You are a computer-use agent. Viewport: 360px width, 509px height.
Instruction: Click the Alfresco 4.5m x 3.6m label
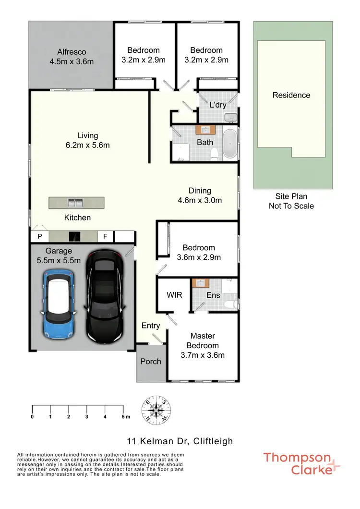coord(72,56)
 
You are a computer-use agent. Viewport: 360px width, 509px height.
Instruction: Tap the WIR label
coord(174,295)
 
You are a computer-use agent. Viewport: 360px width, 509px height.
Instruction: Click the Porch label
coord(151,361)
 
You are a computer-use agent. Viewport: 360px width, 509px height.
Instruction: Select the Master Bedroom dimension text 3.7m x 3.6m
coord(203,355)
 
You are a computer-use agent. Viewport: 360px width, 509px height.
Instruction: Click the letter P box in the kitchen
coord(39,236)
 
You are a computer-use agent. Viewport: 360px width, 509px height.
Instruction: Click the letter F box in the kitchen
coord(105,236)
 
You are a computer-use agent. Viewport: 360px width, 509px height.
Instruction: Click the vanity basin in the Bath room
coord(205,130)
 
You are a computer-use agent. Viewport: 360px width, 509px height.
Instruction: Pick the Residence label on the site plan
coord(291,95)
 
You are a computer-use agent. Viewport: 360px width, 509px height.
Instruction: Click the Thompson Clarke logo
coord(302,463)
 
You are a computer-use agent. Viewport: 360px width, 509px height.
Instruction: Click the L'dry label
coord(217,105)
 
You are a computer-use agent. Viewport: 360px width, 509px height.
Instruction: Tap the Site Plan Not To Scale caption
coord(291,201)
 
